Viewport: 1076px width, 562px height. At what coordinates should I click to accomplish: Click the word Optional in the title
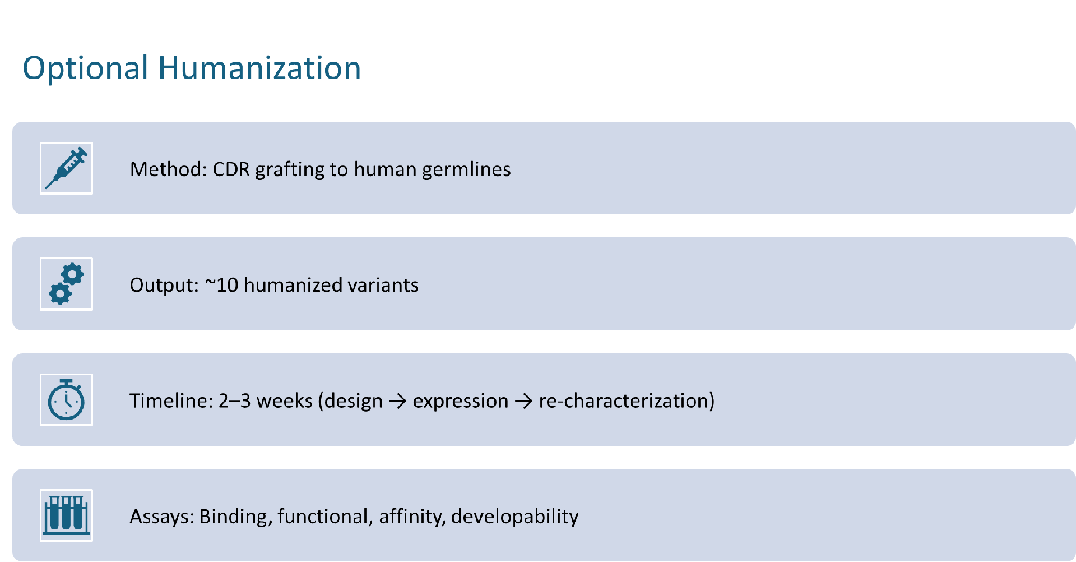click(x=86, y=68)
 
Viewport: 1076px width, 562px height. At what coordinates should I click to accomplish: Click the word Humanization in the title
click(x=259, y=68)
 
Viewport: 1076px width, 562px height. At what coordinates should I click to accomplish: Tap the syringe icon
click(x=66, y=168)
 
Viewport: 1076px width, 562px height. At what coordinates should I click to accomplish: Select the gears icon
click(x=66, y=284)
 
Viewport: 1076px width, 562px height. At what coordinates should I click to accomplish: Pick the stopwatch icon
click(x=66, y=400)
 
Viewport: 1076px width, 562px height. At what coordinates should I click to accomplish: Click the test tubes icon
click(x=66, y=515)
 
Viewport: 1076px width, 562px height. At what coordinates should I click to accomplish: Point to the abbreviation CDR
click(x=231, y=169)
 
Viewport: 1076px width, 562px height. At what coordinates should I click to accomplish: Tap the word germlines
click(x=466, y=169)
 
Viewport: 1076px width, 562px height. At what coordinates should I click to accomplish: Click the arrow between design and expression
click(x=397, y=402)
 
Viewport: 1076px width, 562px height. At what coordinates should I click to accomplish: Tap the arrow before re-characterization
click(x=523, y=402)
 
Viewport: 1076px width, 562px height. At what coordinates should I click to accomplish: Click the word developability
click(x=514, y=517)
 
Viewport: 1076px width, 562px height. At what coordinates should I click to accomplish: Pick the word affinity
click(x=412, y=517)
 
